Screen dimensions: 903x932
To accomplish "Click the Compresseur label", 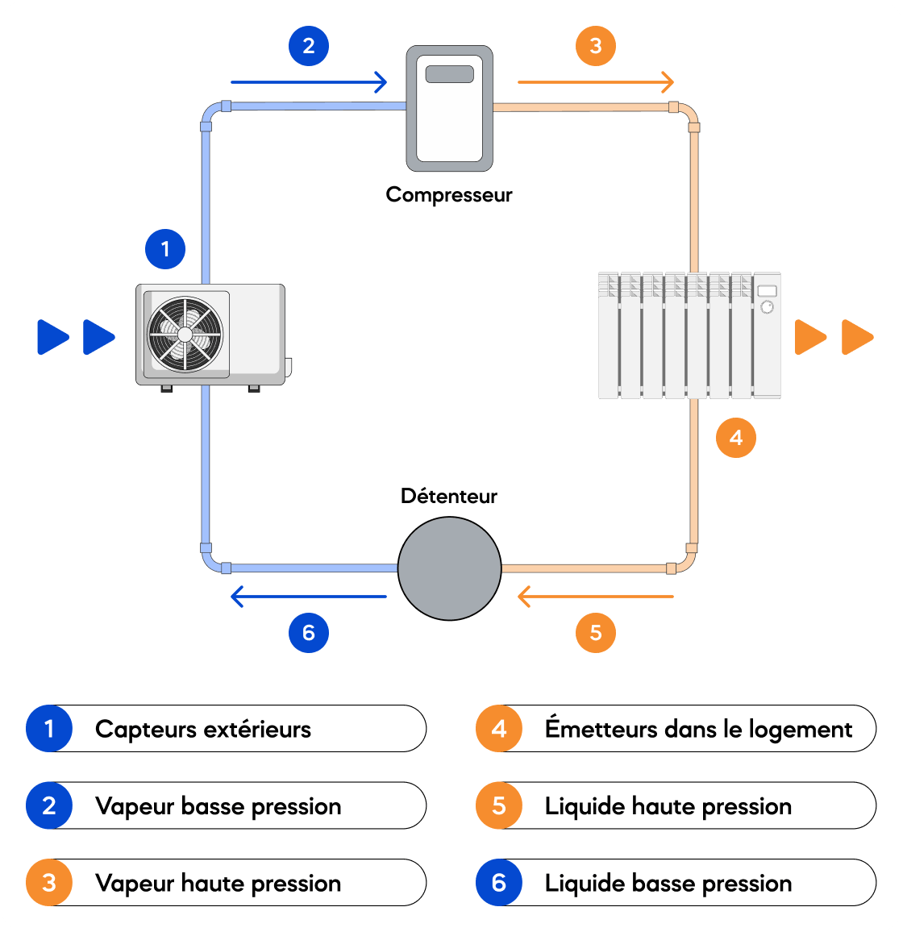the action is point(449,195).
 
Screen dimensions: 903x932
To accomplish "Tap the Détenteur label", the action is point(449,496).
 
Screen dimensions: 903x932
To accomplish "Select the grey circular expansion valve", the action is point(449,568).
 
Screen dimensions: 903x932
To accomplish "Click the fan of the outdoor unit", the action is point(185,335).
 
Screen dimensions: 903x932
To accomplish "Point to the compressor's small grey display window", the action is point(449,74).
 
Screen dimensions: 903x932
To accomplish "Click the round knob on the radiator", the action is point(767,306).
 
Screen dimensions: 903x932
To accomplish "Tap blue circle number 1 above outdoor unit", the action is point(165,249).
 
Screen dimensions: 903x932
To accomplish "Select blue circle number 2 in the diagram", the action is point(309,46).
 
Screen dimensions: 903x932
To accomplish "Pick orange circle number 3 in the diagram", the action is point(596,46).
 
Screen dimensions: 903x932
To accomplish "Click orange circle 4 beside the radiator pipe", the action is point(736,438).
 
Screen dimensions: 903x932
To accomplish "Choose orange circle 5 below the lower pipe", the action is point(596,632).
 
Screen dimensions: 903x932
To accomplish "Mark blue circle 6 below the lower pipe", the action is point(309,632).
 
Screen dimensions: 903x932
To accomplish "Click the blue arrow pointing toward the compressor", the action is point(309,82).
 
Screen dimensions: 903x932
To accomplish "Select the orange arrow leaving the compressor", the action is point(596,82).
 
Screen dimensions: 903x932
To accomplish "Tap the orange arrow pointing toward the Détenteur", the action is point(596,596).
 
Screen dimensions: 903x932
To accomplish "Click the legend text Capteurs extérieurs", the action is point(202,730).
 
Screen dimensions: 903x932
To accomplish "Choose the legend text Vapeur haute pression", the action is point(218,884).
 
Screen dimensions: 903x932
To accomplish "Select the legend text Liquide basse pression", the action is point(668,884).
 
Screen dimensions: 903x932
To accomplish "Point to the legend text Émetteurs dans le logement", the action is point(698,728).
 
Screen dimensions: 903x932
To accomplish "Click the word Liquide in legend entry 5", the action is point(585,806).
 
